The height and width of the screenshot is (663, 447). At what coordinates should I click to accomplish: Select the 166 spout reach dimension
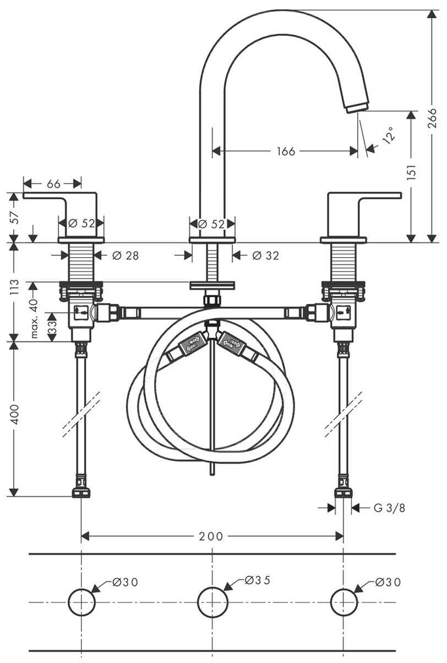click(x=286, y=151)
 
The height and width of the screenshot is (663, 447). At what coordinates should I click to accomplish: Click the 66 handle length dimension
click(x=53, y=184)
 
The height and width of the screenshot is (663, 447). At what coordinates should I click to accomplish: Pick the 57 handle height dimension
click(x=15, y=216)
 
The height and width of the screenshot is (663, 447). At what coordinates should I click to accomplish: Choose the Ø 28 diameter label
click(x=125, y=256)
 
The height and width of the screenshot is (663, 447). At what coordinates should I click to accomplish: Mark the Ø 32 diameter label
click(x=265, y=256)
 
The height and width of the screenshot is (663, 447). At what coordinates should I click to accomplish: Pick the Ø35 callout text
click(x=258, y=580)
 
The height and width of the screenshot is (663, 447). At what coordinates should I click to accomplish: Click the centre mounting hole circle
click(x=212, y=601)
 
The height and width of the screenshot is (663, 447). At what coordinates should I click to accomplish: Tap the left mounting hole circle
click(x=81, y=601)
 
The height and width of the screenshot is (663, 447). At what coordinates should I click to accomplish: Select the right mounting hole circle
click(x=344, y=601)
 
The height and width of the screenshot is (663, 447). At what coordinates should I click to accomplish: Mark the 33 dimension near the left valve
click(x=51, y=327)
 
